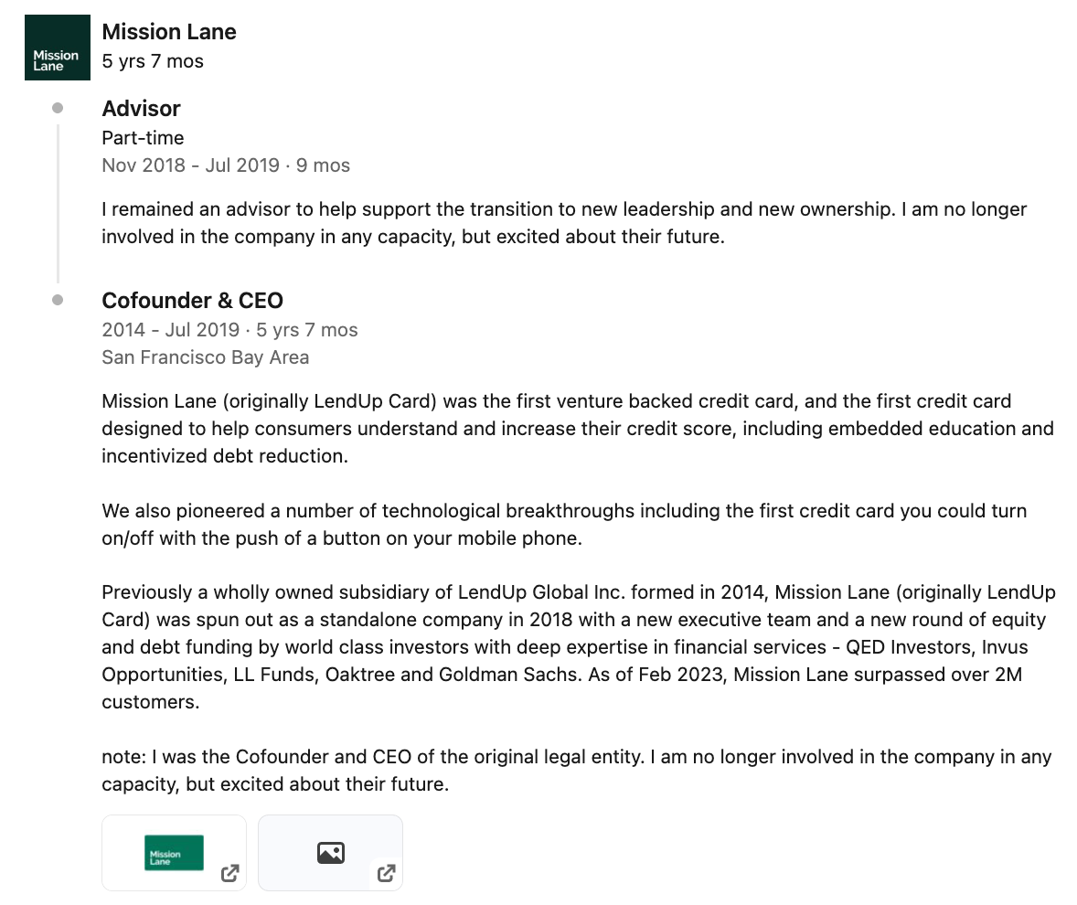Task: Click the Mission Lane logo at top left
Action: click(x=57, y=48)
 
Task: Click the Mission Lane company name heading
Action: click(x=169, y=32)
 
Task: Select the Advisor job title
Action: click(x=141, y=109)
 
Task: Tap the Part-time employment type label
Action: click(x=143, y=138)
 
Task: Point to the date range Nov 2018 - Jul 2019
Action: click(x=190, y=165)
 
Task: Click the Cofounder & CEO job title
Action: click(x=192, y=301)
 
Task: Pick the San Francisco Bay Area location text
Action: click(x=205, y=357)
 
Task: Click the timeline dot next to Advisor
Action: click(x=58, y=108)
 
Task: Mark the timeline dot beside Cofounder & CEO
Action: click(x=58, y=300)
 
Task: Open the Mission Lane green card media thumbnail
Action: click(x=174, y=852)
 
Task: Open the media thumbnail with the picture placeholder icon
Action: click(x=330, y=852)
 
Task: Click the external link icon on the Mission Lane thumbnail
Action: click(x=230, y=873)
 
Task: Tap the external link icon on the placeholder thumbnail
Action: click(x=387, y=873)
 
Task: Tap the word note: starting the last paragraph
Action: click(x=123, y=758)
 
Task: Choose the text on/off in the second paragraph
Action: click(x=127, y=538)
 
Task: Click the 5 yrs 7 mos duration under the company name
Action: click(x=153, y=62)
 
